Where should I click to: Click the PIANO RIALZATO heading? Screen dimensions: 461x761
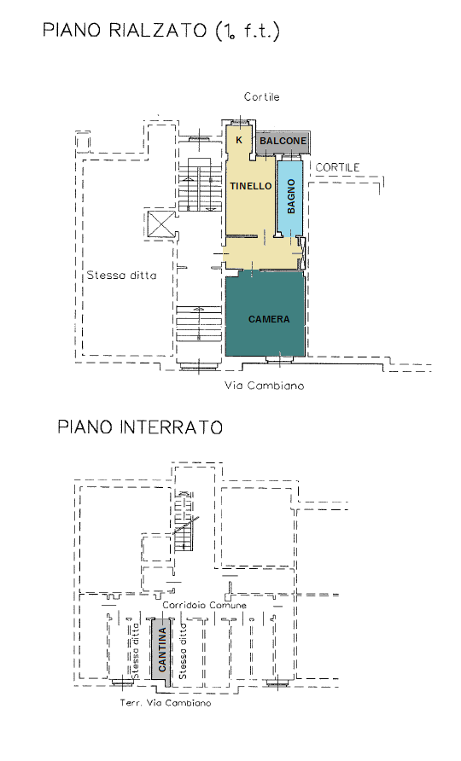(161, 31)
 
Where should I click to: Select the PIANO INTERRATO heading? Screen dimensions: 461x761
(140, 427)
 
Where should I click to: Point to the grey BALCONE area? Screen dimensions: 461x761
(283, 142)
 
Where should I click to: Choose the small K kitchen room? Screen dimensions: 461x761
(240, 140)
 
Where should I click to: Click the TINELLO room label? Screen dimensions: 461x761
(251, 186)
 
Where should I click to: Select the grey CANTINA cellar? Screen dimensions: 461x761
(160, 650)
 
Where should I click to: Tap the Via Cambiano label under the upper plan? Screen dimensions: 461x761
(265, 386)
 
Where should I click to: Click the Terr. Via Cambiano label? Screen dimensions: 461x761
(166, 703)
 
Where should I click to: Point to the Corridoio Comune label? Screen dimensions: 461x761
(204, 605)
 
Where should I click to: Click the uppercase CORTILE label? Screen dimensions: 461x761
(337, 167)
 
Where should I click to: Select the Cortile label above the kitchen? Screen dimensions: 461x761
(262, 96)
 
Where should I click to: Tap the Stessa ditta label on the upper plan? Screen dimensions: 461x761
(121, 276)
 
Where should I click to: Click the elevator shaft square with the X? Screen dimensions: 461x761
(160, 224)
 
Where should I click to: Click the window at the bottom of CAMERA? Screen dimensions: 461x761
(280, 360)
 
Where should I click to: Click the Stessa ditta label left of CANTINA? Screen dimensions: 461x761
(136, 651)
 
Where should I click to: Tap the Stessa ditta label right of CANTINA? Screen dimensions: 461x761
(183, 651)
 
